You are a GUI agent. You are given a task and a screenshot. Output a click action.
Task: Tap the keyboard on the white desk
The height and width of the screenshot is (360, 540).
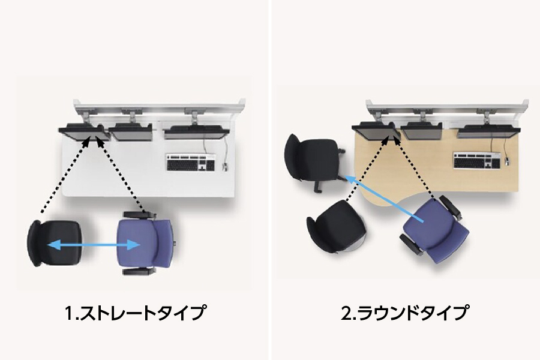tap(191, 163)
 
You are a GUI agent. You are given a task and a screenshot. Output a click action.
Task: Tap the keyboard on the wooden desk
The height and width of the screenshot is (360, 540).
tap(476, 161)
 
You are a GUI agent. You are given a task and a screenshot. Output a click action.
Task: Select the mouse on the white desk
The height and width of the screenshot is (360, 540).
tap(225, 167)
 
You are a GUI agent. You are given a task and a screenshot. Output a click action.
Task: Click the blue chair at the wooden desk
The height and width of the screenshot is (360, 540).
tap(435, 229)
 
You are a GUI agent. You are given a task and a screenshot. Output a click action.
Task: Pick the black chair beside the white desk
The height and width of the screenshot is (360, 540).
tap(55, 244)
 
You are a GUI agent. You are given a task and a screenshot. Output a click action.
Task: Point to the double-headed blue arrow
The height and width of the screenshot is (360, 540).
tap(94, 245)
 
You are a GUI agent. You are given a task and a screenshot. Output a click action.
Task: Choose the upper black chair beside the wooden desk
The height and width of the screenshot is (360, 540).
tap(314, 160)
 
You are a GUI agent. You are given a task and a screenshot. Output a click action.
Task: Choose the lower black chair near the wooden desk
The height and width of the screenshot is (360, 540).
tap(336, 227)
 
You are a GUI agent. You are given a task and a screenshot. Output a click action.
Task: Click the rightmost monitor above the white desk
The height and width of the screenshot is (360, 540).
tap(196, 132)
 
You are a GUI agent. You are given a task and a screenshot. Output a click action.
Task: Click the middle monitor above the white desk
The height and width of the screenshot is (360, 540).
tap(131, 132)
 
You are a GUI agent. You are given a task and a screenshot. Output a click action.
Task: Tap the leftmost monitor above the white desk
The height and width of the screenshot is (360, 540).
tap(85, 133)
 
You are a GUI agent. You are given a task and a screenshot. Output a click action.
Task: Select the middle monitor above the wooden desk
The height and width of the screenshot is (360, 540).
tap(422, 131)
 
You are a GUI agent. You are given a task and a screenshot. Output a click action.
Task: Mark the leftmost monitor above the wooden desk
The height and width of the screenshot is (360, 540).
tap(377, 132)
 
